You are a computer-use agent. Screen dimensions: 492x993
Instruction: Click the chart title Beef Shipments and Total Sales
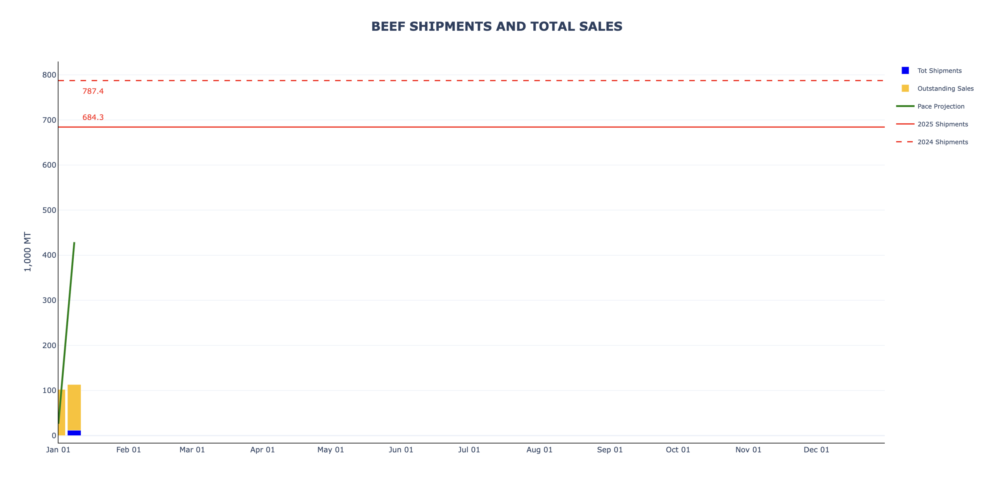pos(496,26)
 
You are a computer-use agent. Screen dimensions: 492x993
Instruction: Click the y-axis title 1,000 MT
pos(27,251)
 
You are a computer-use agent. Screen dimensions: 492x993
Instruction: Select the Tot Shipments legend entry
pos(939,71)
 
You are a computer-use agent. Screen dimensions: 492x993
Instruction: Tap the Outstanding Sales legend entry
pos(945,88)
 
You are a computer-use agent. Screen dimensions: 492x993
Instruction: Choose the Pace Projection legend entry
pos(940,106)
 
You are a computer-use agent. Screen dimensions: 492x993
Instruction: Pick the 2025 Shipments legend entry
pos(942,124)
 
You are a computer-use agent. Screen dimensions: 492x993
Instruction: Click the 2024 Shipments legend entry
pos(942,142)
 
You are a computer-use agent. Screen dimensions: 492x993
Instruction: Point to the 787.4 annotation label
pos(93,91)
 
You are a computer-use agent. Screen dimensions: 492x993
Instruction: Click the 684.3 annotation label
pos(93,117)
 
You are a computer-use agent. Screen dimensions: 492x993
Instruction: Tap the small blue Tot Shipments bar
pos(74,433)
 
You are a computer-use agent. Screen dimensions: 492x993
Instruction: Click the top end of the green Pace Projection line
pos(74,243)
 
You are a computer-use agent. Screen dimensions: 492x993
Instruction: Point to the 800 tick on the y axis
pos(49,75)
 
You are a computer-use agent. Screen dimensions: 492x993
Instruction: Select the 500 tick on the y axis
pos(49,210)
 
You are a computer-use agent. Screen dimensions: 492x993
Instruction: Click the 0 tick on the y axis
pos(54,435)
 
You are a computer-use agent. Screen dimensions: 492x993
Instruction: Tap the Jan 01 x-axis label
pos(58,450)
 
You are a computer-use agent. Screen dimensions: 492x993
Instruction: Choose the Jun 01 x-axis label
pos(401,450)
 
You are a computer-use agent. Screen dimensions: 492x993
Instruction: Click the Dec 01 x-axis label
pos(816,450)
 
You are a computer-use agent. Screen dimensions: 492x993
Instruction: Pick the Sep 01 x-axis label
pos(609,450)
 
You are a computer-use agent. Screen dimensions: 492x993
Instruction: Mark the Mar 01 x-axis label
pos(192,450)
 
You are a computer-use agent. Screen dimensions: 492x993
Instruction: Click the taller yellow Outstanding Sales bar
pos(74,407)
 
